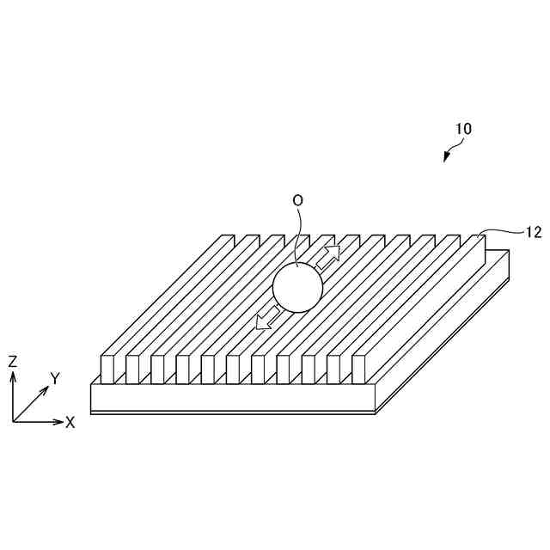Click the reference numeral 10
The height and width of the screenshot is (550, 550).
click(463, 129)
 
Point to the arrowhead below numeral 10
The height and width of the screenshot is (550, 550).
click(446, 157)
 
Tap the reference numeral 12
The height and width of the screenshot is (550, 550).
click(533, 231)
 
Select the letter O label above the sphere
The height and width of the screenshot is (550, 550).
click(297, 200)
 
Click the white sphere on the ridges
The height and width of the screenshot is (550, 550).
click(297, 288)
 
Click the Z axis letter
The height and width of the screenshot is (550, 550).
click(12, 362)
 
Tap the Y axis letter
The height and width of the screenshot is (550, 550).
click(54, 378)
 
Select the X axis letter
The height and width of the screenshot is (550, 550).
click(70, 422)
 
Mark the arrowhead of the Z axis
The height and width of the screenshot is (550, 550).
click(13, 376)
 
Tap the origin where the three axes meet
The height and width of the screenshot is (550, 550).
click(14, 421)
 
